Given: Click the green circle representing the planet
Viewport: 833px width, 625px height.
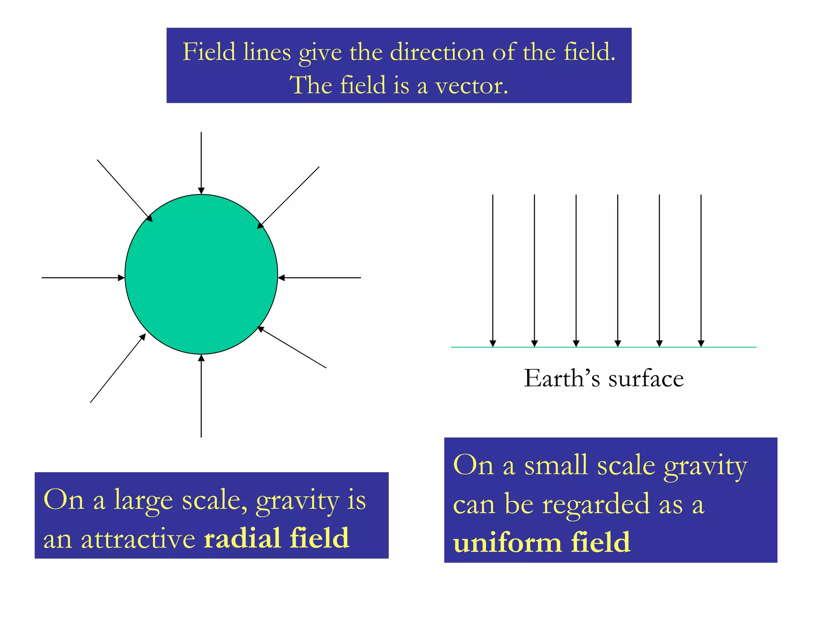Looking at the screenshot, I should click(x=201, y=274).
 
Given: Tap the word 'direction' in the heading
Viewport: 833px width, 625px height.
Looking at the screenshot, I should click(x=437, y=52).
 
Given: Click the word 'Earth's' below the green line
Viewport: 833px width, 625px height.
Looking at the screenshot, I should click(x=562, y=378).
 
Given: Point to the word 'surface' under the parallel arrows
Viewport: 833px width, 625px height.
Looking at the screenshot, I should click(x=646, y=378).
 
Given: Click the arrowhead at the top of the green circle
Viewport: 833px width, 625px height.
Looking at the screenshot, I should click(x=201, y=190).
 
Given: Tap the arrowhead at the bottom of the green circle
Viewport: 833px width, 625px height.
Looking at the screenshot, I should click(x=201, y=358).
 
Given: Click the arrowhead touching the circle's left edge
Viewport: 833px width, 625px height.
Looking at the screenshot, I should click(x=121, y=278).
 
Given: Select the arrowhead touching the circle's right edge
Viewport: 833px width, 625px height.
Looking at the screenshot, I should click(x=281, y=278).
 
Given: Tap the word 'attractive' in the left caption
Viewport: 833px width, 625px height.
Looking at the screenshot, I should click(x=138, y=539).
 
